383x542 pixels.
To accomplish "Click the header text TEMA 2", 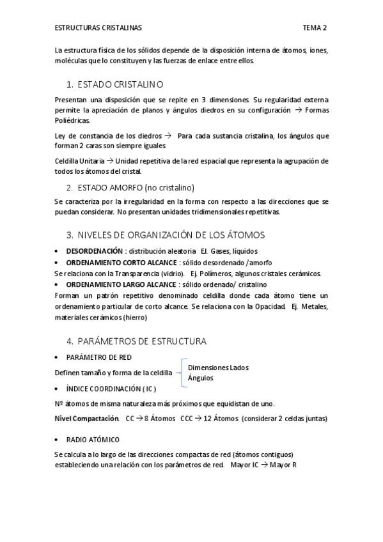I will point(315,28).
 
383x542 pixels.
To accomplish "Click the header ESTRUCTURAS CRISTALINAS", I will point(98,28).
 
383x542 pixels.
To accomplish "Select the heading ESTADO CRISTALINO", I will point(120,84).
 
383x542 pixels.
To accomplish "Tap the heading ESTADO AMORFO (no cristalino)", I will point(136,187).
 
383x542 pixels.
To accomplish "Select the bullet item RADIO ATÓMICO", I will point(93,440).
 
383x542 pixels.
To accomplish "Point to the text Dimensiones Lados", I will point(218,368).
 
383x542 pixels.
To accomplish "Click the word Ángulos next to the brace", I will point(201,378).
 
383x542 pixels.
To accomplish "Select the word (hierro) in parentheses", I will point(133,317).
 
